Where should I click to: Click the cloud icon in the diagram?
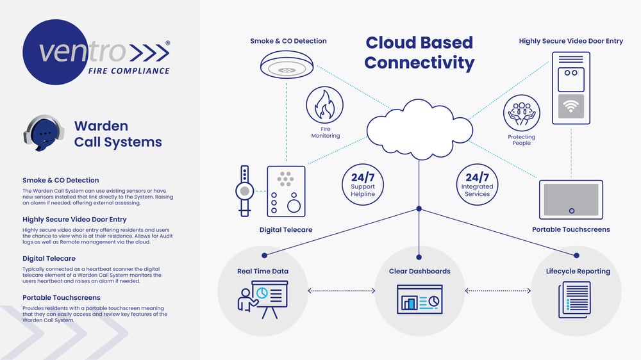click(x=419, y=129)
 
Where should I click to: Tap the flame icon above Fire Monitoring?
click(x=324, y=104)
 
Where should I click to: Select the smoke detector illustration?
click(x=287, y=65)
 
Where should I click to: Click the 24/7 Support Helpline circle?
click(x=363, y=184)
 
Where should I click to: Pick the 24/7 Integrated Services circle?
click(x=477, y=184)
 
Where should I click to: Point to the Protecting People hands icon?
click(x=522, y=113)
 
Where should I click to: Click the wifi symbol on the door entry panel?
click(x=570, y=106)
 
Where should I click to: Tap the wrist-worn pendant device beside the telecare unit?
click(x=244, y=191)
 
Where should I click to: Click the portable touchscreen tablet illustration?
click(x=571, y=200)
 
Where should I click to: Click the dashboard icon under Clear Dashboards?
click(x=419, y=300)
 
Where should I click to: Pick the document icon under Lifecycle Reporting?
click(x=575, y=300)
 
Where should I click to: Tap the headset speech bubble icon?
click(x=44, y=133)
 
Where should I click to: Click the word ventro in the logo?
click(x=82, y=52)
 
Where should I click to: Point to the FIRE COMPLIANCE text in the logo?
click(x=129, y=70)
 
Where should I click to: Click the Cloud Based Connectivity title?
click(x=419, y=53)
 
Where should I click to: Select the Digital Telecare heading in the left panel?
click(x=49, y=258)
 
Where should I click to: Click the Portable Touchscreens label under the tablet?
click(x=571, y=230)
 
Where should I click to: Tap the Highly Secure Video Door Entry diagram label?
click(x=571, y=41)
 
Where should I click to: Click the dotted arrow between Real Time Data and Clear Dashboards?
click(x=342, y=291)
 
